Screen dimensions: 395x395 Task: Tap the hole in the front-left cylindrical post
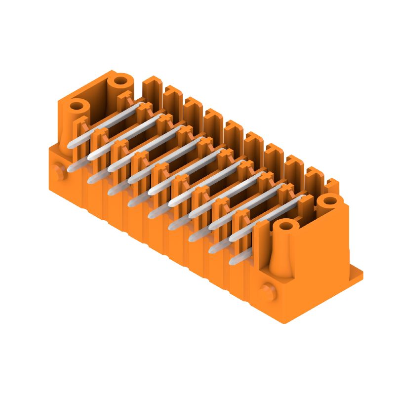coord(77,106)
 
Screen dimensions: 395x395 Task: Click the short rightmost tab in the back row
coord(332,186)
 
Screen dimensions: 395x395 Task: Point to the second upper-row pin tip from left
coord(92,156)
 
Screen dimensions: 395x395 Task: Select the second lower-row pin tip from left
coord(91,179)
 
